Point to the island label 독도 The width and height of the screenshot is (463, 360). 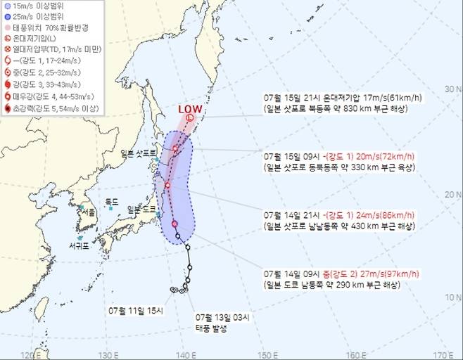click(111, 202)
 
